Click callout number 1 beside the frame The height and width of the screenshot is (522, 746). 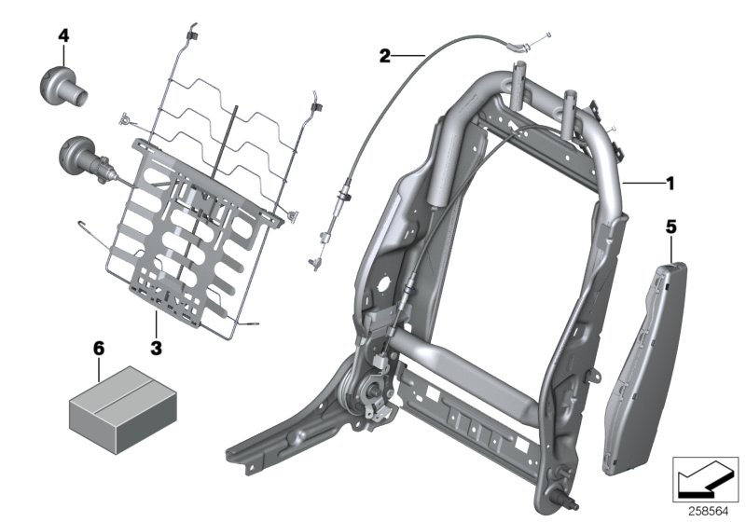669,184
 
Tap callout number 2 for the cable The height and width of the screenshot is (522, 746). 384,56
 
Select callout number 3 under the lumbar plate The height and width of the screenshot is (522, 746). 157,348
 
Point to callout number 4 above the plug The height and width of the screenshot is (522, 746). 63,35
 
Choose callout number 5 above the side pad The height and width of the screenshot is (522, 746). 671,226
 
